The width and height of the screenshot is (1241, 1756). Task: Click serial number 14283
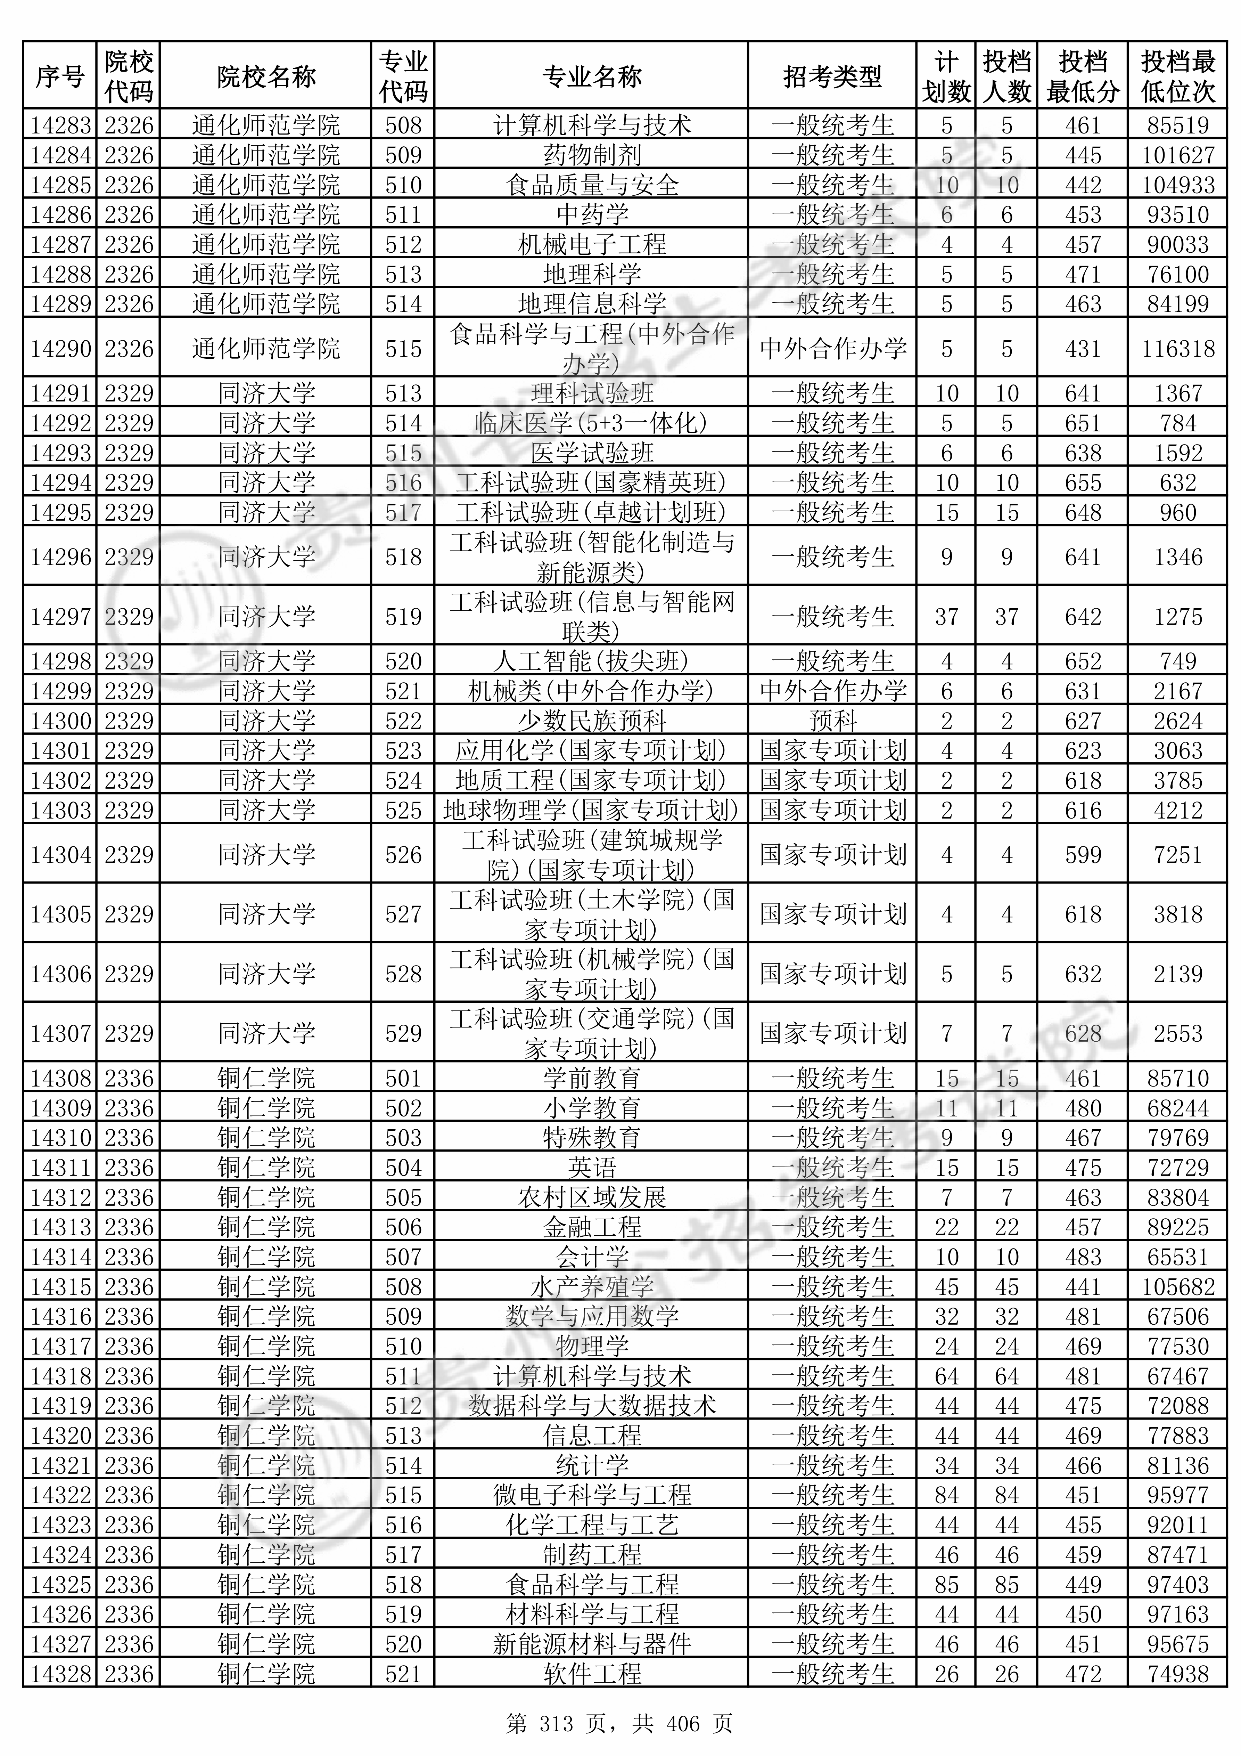(60, 125)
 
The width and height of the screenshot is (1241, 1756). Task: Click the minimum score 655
(1083, 482)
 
